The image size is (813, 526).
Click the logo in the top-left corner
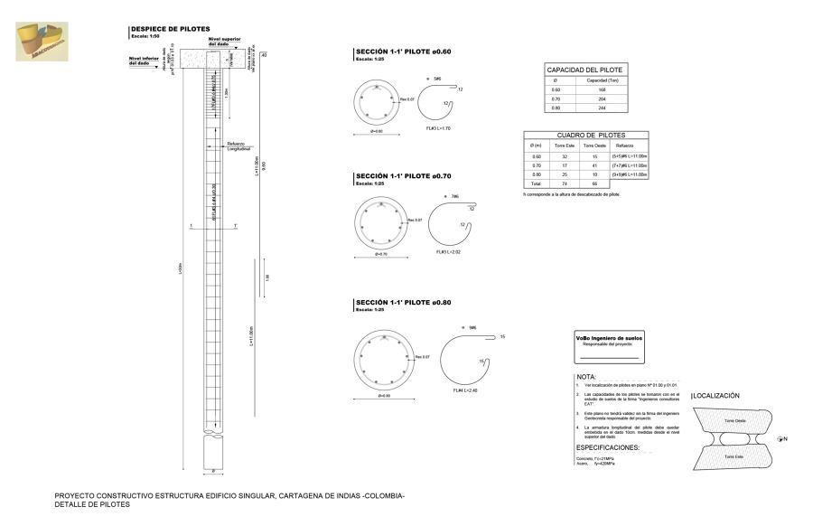pyautogui.click(x=41, y=40)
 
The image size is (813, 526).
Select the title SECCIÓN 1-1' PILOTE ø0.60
pyautogui.click(x=403, y=52)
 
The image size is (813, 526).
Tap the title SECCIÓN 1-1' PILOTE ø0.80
pyautogui.click(x=403, y=303)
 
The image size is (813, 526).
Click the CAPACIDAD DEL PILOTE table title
pyautogui.click(x=584, y=70)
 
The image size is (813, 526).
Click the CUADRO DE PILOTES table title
pyautogui.click(x=584, y=135)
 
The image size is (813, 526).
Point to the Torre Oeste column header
pyautogui.click(x=593, y=146)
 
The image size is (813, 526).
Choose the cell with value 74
pyautogui.click(x=564, y=183)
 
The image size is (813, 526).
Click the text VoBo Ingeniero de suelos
pyautogui.click(x=609, y=337)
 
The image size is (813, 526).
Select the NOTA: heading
pyautogui.click(x=586, y=376)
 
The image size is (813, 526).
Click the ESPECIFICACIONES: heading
pyautogui.click(x=607, y=448)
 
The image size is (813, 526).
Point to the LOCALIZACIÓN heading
pyautogui.click(x=716, y=396)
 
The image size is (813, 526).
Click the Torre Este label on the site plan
pyautogui.click(x=733, y=457)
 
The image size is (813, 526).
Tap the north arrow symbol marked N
pyautogui.click(x=782, y=438)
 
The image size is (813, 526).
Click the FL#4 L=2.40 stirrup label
pyautogui.click(x=465, y=390)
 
